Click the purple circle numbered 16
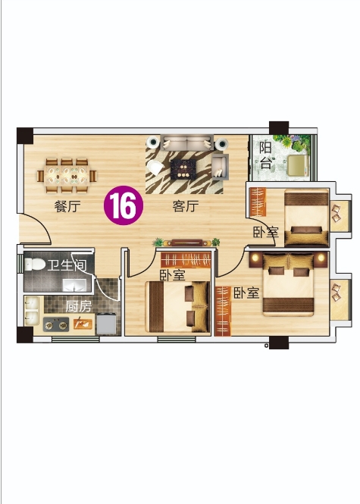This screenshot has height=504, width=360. coord(124,205)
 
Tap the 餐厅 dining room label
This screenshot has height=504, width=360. coord(67,206)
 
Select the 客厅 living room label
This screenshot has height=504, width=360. coord(186,206)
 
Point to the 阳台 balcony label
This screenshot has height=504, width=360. coord(265,155)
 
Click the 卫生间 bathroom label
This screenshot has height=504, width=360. coord(67,265)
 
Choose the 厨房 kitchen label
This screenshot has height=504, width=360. coord(79,306)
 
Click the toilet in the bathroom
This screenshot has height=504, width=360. coord(35,265)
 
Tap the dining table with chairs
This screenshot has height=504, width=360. coord(67,176)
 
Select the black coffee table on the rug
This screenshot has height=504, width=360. coord(183,170)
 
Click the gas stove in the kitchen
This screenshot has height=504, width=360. coord(56,325)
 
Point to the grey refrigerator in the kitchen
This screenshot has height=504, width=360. coord(106,324)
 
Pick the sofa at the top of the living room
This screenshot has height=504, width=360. coord(187,142)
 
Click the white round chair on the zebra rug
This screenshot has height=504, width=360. coord(155,167)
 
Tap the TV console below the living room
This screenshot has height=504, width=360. coord(186,243)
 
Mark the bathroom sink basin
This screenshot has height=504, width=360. coord(74,285)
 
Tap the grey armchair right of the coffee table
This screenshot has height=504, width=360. coord(221,167)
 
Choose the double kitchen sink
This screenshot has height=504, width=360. coord(32,311)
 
